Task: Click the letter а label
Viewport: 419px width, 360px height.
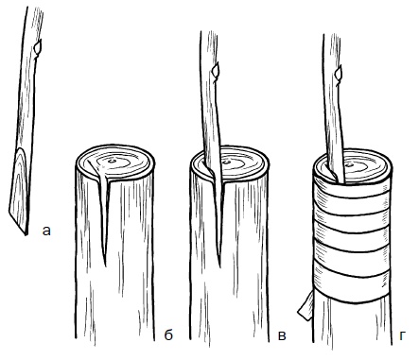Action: (46, 231)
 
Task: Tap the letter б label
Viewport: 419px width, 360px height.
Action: (168, 334)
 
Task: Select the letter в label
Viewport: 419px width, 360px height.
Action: (282, 335)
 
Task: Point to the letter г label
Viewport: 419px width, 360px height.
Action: (402, 335)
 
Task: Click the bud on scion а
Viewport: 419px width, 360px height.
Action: (38, 48)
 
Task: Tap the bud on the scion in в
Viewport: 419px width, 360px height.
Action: (216, 71)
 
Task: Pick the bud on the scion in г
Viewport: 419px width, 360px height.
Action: (339, 73)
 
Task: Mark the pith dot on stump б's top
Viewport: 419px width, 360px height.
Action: (112, 162)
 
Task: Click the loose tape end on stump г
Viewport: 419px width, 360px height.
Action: (306, 306)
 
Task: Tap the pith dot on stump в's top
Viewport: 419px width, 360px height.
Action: (226, 163)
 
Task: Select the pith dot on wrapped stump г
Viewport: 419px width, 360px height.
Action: (351, 164)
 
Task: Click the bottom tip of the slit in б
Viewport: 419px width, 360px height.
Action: (105, 266)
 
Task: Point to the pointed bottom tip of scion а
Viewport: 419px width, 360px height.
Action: (26, 234)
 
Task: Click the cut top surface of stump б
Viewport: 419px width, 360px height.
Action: (115, 163)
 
